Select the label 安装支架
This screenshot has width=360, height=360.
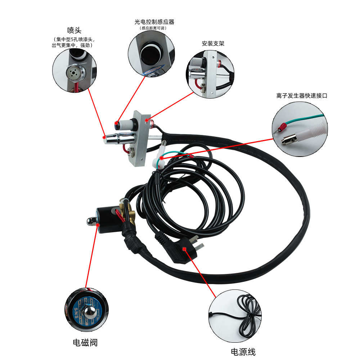point(213,44)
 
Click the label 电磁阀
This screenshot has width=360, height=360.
point(85,342)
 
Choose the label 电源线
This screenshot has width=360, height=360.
point(243,352)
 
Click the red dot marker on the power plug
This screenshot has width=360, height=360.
point(184,248)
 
